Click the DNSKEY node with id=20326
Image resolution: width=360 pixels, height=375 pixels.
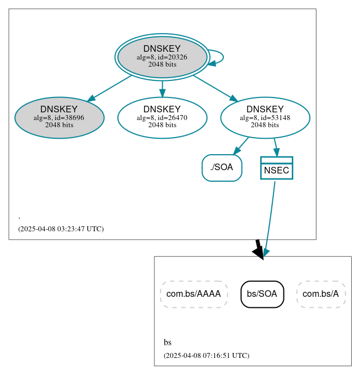click(162, 57)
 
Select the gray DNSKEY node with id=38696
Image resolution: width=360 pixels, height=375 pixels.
click(60, 117)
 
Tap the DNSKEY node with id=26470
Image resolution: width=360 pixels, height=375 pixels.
click(162, 117)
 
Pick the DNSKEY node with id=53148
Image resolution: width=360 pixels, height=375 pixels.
click(265, 117)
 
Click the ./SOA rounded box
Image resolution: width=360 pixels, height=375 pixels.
click(222, 168)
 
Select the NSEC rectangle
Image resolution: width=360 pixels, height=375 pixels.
click(277, 169)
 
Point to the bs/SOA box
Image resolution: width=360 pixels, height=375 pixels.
click(262, 294)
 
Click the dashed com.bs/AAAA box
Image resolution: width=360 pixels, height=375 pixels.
click(194, 294)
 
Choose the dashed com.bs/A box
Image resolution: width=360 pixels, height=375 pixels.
click(321, 294)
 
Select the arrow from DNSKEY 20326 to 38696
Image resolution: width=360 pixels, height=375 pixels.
click(110, 88)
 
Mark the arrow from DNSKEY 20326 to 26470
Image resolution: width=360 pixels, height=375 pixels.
click(162, 89)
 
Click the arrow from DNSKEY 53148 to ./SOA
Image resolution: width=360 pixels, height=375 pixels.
click(241, 146)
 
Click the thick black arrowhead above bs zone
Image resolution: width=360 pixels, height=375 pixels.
click(259, 251)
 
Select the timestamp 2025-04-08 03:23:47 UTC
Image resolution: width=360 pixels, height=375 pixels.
click(61, 229)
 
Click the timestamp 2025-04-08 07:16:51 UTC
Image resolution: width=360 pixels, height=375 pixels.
click(206, 356)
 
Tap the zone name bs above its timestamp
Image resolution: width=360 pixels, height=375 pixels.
click(168, 343)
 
